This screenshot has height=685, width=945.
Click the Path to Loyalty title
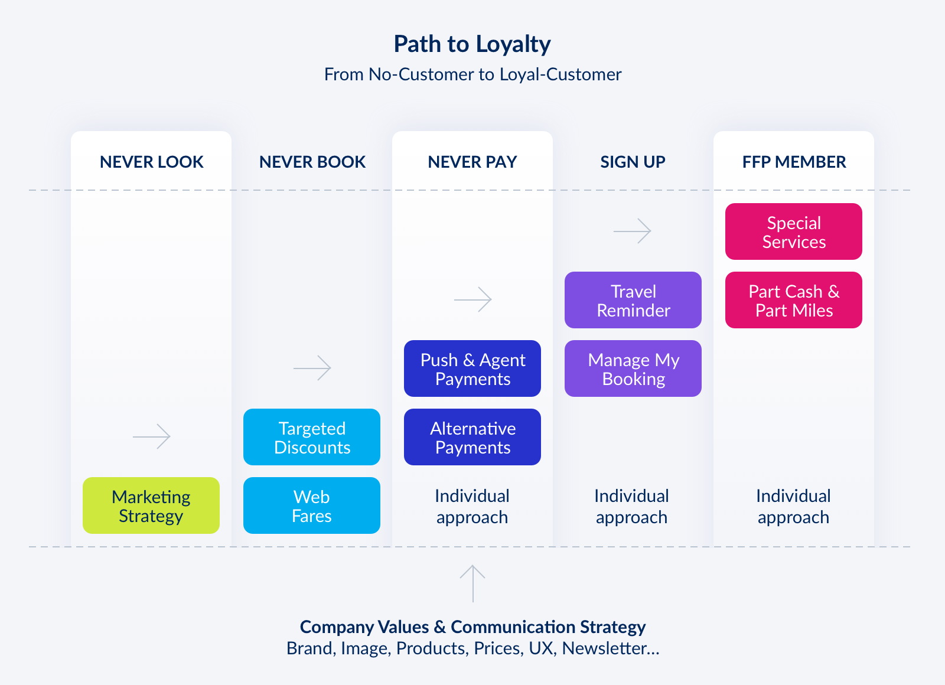tap(472, 44)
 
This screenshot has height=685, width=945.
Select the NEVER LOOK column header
tap(151, 162)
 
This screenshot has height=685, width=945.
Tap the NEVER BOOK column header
tap(312, 162)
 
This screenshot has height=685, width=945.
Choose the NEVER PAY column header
tap(472, 162)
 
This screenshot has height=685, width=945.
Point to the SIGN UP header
tap(633, 162)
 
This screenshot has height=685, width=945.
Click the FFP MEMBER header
tap(794, 162)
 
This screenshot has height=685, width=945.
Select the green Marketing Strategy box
tap(151, 505)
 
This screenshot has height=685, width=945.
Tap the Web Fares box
tap(312, 505)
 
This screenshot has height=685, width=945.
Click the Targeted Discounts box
tap(312, 437)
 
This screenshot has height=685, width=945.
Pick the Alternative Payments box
tap(472, 437)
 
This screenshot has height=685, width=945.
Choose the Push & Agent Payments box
tap(472, 368)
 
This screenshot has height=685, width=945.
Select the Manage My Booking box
tap(633, 368)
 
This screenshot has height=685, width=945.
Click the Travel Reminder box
tap(633, 300)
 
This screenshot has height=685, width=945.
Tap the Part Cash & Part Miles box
tap(794, 300)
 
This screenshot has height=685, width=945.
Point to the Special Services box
tap(794, 231)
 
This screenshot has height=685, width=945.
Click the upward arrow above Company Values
tap(472, 583)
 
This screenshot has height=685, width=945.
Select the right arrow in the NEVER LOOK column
tap(152, 436)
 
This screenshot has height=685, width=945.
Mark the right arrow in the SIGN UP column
tap(633, 231)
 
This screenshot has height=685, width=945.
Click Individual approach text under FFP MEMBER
tap(793, 506)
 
